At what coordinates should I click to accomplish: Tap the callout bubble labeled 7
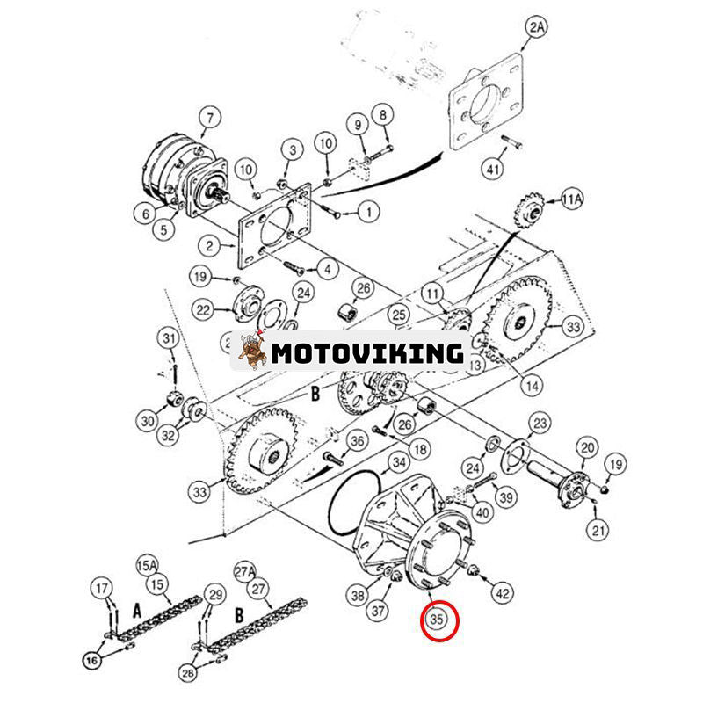click(208, 116)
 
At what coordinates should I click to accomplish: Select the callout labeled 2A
click(536, 29)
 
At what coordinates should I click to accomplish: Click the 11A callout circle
click(571, 200)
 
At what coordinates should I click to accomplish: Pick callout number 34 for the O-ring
click(398, 462)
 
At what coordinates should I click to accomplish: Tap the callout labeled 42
click(503, 593)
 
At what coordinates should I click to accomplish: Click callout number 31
click(168, 338)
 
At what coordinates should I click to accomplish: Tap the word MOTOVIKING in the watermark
click(366, 353)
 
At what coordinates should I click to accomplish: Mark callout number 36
click(357, 440)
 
